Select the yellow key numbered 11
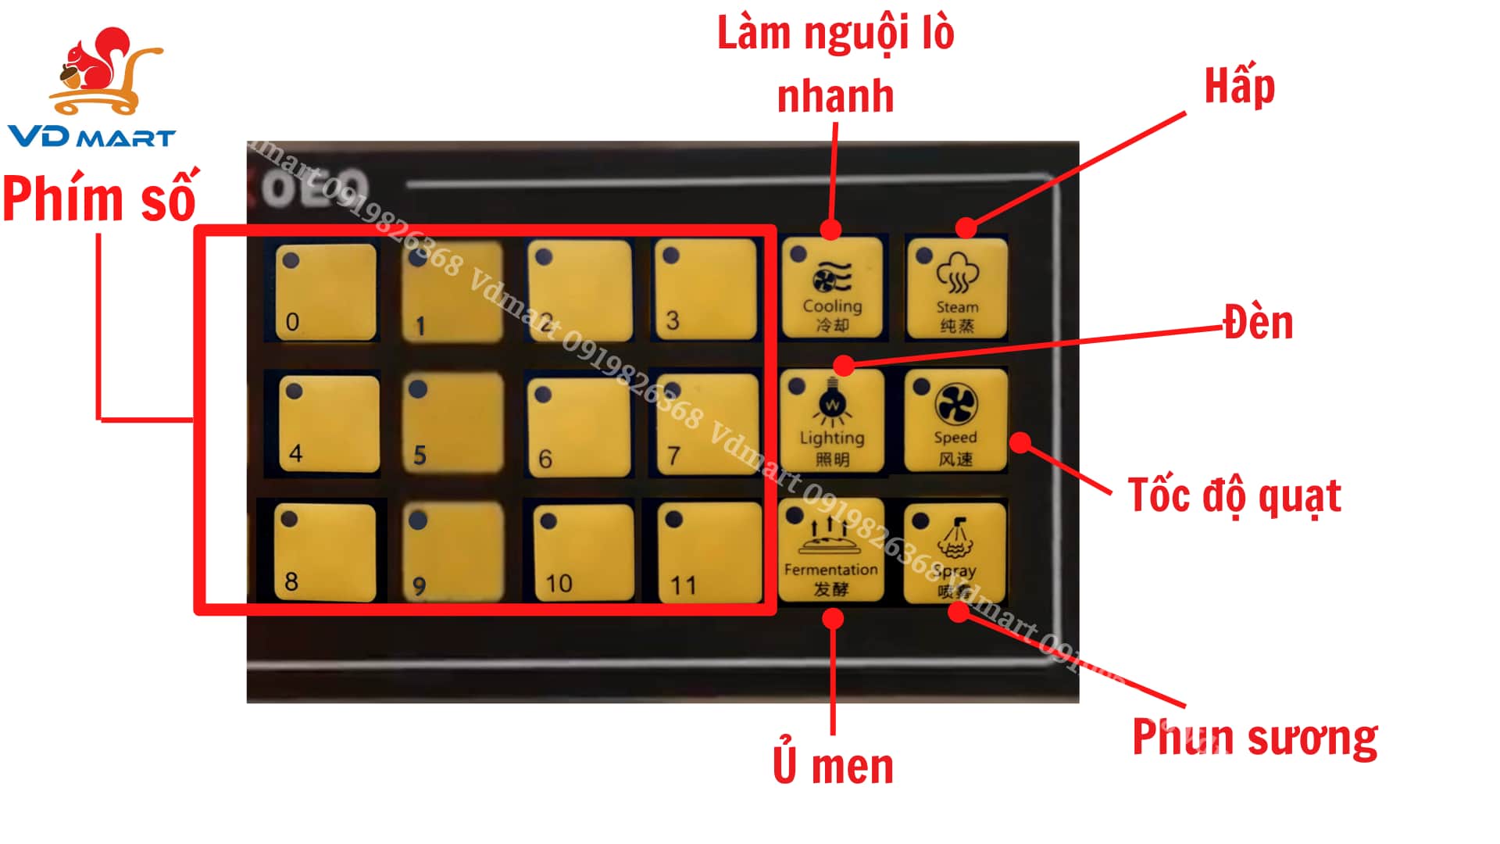point(709,552)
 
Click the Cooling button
point(832,288)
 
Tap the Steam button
point(957,288)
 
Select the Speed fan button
point(955,420)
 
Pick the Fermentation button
point(831,552)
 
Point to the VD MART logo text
point(92,138)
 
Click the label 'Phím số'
point(99,199)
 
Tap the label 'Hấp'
point(1239,86)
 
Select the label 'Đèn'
point(1259,322)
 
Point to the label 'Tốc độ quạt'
point(1234,495)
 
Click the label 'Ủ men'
point(833,766)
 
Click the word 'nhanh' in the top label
point(835,96)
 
